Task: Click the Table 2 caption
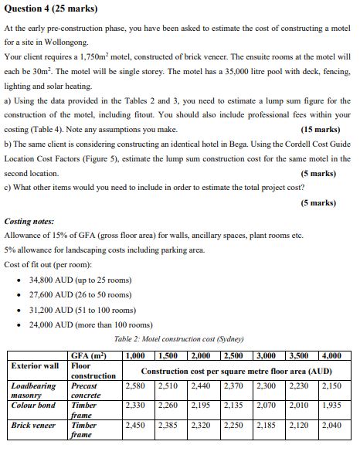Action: pyautogui.click(x=178, y=339)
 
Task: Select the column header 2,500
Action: pyautogui.click(x=236, y=355)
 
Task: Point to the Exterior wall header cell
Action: pyautogui.click(x=35, y=365)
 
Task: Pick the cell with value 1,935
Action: pyautogui.click(x=332, y=405)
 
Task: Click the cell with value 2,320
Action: pyautogui.click(x=202, y=425)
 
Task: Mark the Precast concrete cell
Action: pyautogui.click(x=84, y=389)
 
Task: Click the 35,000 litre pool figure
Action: pyautogui.click(x=257, y=72)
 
